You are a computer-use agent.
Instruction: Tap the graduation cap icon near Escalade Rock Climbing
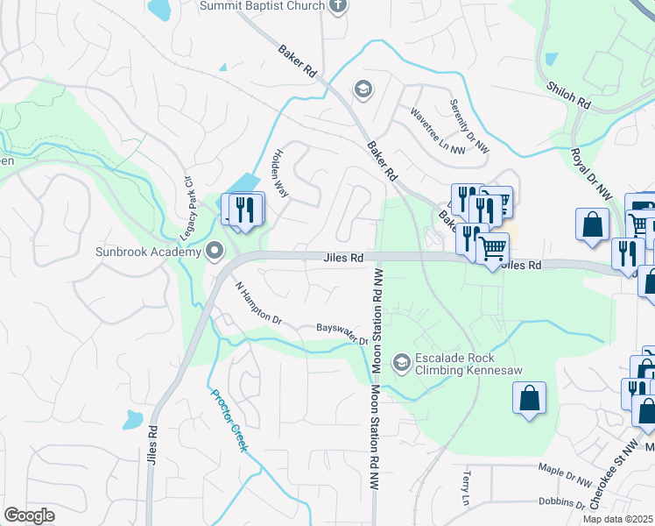pyautogui.click(x=402, y=362)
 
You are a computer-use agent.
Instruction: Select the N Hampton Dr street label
pyautogui.click(x=259, y=303)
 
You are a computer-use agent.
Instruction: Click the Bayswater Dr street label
pyautogui.click(x=341, y=334)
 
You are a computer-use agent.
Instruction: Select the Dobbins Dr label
pyautogui.click(x=562, y=503)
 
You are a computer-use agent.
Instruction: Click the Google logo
pyautogui.click(x=30, y=515)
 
